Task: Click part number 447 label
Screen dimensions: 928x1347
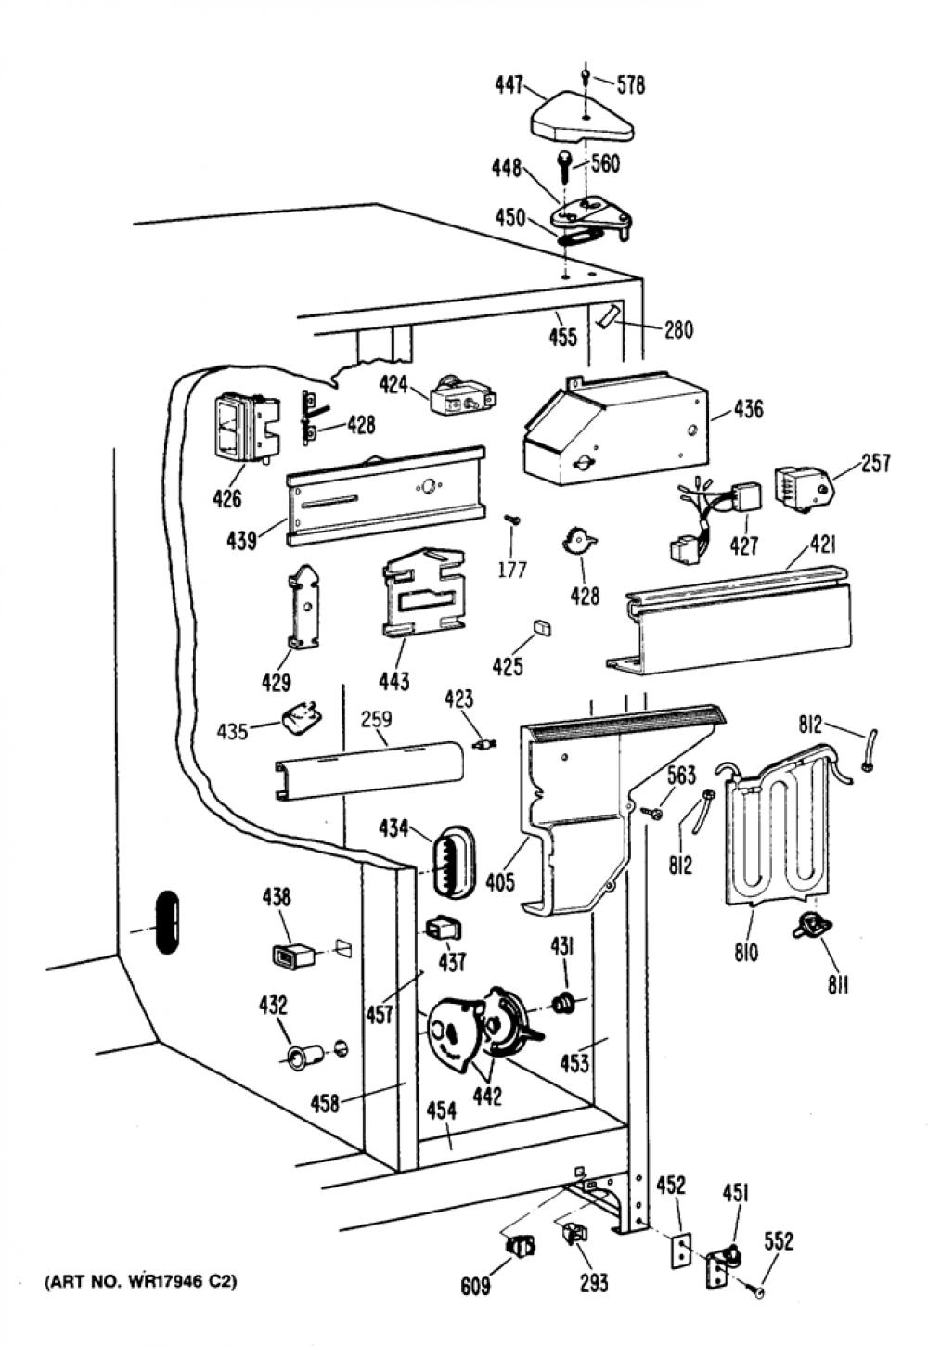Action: pos(509,86)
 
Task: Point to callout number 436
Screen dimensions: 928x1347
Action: pos(748,409)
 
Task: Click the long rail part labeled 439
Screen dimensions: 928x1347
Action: pos(385,496)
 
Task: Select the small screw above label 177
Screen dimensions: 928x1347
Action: pos(512,519)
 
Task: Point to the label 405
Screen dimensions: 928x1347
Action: pos(500,882)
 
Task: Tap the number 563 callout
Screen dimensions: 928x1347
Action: pos(681,776)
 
